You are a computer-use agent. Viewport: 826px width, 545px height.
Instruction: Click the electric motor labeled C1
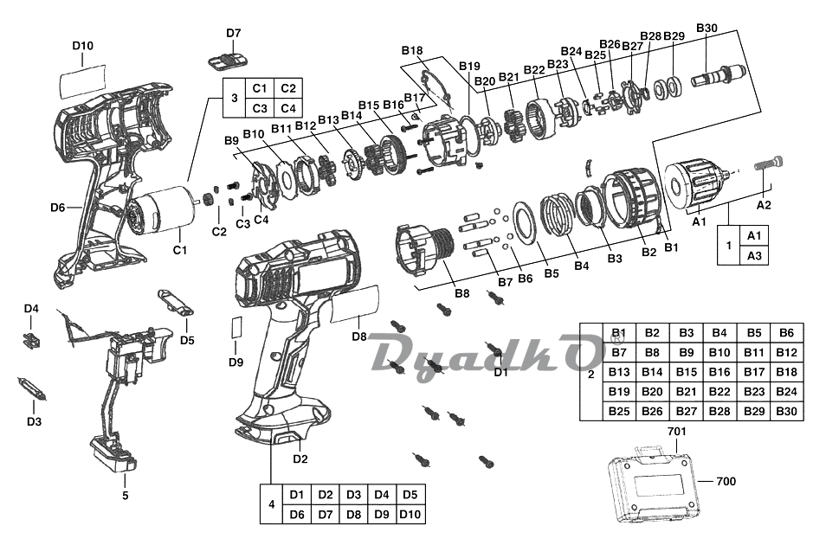click(x=161, y=210)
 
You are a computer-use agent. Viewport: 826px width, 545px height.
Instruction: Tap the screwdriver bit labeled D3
click(x=33, y=388)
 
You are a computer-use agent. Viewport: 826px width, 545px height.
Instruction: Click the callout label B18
click(x=412, y=50)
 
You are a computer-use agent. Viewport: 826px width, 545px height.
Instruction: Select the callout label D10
click(x=83, y=46)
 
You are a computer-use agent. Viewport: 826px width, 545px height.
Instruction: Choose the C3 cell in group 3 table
click(x=260, y=108)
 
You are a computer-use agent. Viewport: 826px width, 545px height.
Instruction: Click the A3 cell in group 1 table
click(x=754, y=255)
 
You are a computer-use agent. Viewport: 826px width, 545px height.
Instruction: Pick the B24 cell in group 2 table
click(x=786, y=391)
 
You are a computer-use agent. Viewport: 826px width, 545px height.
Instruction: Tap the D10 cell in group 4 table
click(x=410, y=514)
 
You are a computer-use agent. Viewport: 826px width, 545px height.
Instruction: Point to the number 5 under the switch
click(x=126, y=496)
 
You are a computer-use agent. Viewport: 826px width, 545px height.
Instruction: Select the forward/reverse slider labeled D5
click(x=176, y=302)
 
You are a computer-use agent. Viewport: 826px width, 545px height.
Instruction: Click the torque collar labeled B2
click(x=631, y=198)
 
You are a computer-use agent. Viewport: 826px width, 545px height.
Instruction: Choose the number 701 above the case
click(x=677, y=432)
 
